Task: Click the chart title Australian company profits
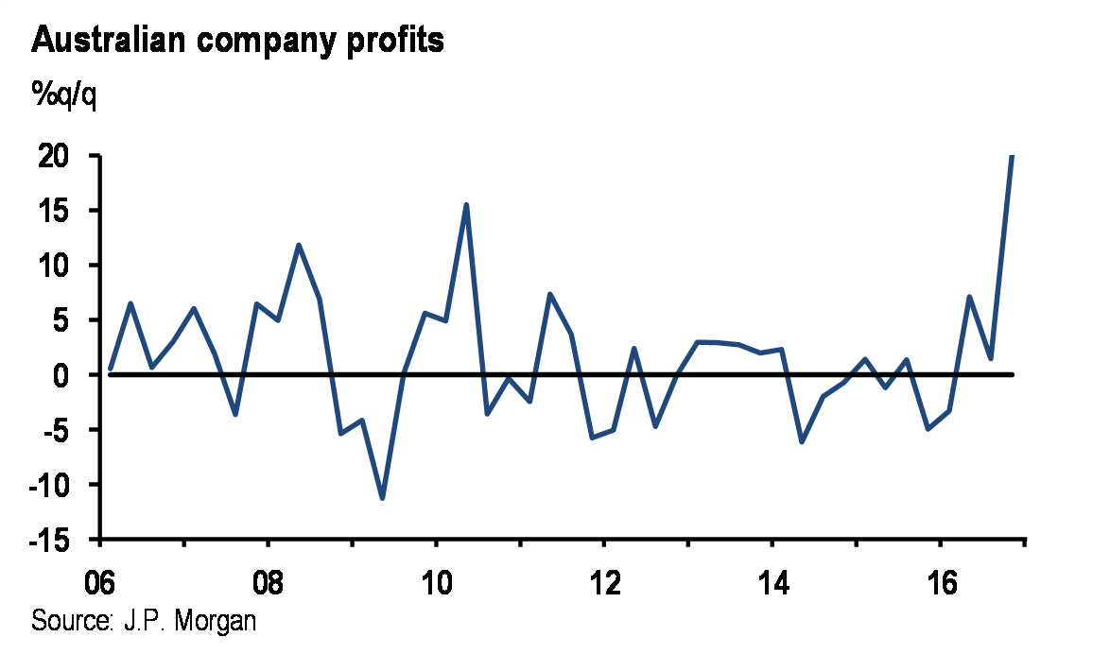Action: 238,41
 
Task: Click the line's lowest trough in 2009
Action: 382,498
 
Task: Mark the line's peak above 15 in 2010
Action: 466,204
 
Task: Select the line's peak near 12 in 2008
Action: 299,245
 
